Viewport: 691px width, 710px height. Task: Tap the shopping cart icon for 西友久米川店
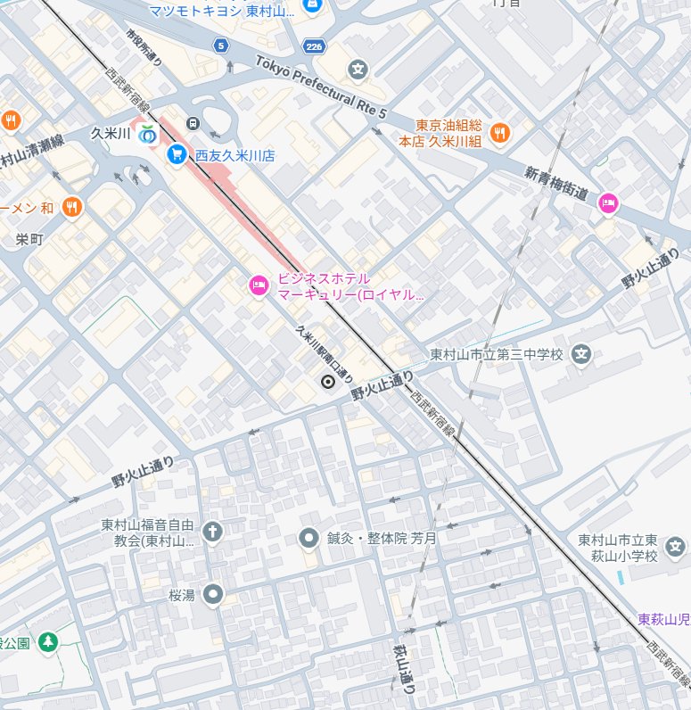[x=177, y=154]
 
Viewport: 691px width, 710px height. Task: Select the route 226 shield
[x=313, y=44]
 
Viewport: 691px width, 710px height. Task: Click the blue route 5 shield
[x=220, y=45]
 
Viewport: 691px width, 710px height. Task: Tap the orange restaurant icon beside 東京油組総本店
[x=499, y=133]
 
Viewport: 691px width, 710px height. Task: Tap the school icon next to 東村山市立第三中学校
[x=581, y=354]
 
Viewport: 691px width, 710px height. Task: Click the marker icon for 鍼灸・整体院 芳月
[x=308, y=538]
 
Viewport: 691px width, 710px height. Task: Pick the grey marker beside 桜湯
[x=212, y=594]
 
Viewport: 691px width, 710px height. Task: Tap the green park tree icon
[x=47, y=641]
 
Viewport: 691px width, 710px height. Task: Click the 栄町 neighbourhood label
[x=29, y=239]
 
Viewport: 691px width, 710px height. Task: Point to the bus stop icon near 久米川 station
[x=192, y=123]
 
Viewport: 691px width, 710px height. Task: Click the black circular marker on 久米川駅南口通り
[x=327, y=383]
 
